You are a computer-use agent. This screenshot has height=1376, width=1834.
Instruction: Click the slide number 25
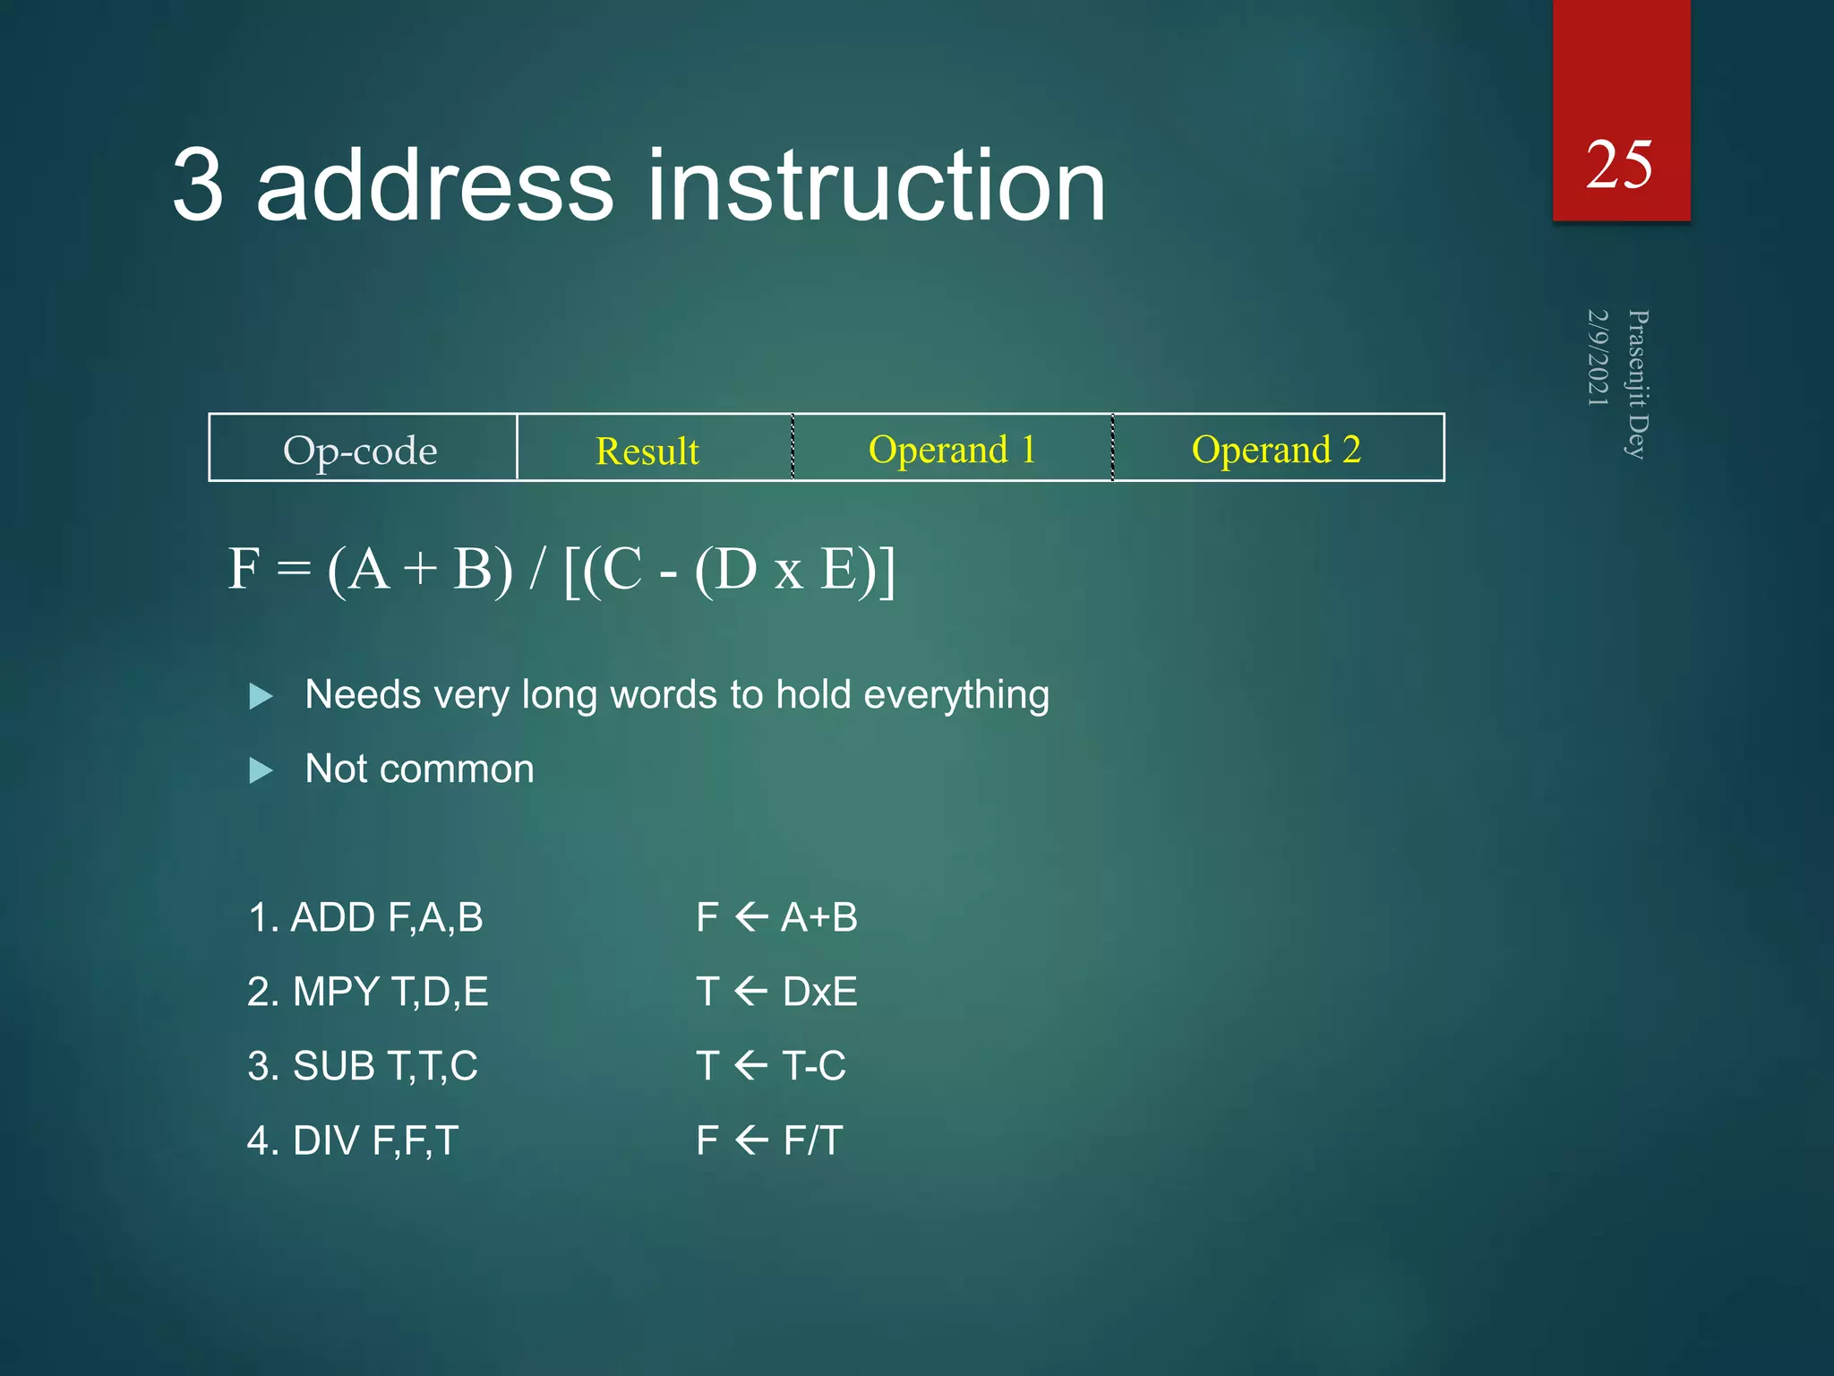pyautogui.click(x=1618, y=166)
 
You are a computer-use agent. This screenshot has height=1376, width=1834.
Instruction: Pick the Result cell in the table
pyautogui.click(x=647, y=451)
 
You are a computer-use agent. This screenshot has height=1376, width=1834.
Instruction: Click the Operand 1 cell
pyautogui.click(x=952, y=449)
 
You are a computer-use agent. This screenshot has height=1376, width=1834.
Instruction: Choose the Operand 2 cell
pyautogui.click(x=1276, y=449)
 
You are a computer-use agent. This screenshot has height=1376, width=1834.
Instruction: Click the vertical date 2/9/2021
pyautogui.click(x=1598, y=357)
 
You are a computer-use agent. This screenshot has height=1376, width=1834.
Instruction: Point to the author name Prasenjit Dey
pyautogui.click(x=1637, y=384)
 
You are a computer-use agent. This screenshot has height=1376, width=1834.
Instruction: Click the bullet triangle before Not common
pyautogui.click(x=261, y=770)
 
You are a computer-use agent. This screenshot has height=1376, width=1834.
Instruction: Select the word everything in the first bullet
pyautogui.click(x=956, y=694)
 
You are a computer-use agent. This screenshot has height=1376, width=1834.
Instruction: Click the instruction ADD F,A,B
pyautogui.click(x=366, y=917)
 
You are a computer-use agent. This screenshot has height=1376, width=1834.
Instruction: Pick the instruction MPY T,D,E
pyautogui.click(x=368, y=992)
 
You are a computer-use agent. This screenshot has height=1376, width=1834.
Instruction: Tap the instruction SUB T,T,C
pyautogui.click(x=363, y=1066)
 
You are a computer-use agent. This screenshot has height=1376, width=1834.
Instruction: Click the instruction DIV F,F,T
pyautogui.click(x=353, y=1140)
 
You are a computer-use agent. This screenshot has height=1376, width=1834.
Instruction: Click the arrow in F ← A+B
pyautogui.click(x=750, y=917)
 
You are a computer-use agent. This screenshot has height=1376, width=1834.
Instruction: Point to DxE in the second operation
pyautogui.click(x=819, y=992)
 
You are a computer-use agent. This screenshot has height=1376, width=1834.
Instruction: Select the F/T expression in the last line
pyautogui.click(x=812, y=1140)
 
